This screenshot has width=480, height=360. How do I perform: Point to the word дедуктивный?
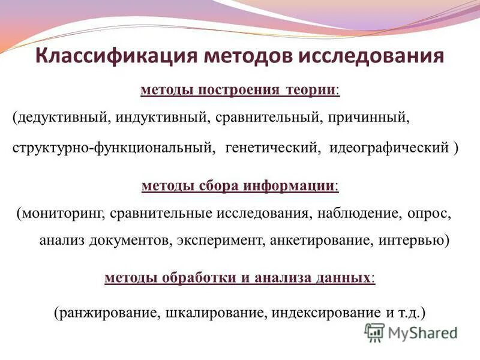point(59,118)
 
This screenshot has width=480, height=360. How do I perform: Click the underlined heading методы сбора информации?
point(239,185)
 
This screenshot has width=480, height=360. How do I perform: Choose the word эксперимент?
point(221,241)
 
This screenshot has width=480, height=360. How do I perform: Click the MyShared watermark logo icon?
point(374,332)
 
